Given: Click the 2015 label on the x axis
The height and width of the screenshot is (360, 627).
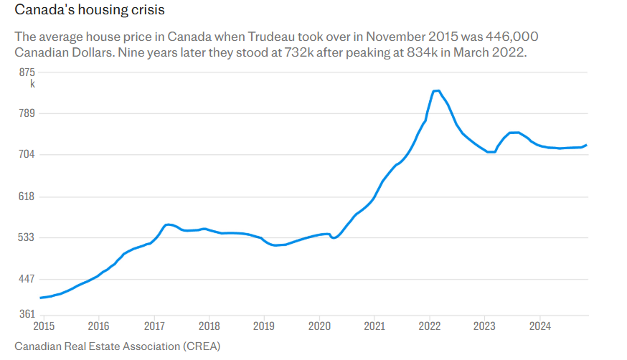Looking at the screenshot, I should click(43, 326).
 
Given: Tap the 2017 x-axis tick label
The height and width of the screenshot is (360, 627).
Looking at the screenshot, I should click(154, 326).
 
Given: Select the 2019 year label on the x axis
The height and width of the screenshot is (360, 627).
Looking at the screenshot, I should click(264, 326).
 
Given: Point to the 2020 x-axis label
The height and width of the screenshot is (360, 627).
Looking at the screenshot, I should click(319, 326).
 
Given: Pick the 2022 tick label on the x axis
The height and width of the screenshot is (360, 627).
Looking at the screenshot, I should click(429, 326).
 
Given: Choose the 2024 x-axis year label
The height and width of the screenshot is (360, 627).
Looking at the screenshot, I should click(539, 326).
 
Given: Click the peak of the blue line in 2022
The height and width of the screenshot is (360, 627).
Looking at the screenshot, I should click(435, 91).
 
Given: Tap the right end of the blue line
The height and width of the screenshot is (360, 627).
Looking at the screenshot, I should click(586, 145).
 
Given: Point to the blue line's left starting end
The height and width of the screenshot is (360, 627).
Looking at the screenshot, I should click(41, 298).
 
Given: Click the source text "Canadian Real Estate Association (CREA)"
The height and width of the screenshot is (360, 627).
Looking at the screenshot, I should click(117, 346).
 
